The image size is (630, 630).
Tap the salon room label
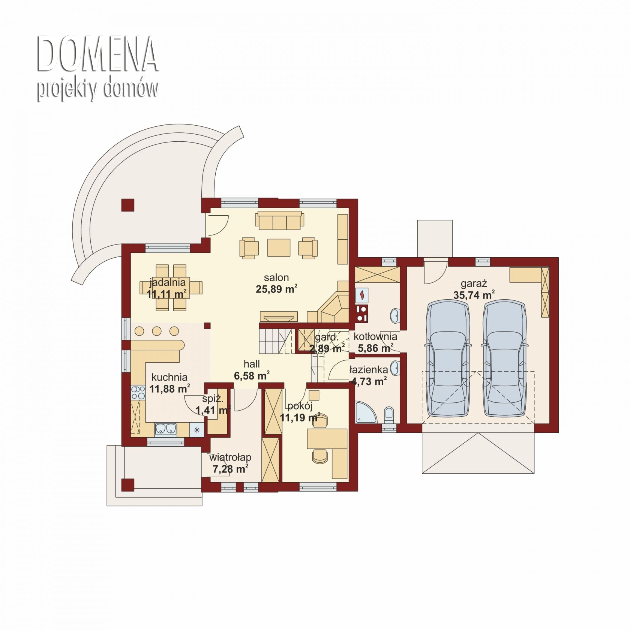tap(276, 277)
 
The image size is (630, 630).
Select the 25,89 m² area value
tap(276, 289)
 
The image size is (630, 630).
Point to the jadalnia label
tap(168, 282)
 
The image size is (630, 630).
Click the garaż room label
tap(474, 283)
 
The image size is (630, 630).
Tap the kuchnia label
tap(169, 377)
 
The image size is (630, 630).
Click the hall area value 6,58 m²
tap(252, 375)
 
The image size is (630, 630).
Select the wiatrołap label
tap(230, 457)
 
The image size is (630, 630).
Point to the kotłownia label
tap(375, 336)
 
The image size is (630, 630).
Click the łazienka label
tap(369, 370)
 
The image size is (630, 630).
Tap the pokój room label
tap(300, 406)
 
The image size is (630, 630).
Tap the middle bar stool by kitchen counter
tap(157, 331)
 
